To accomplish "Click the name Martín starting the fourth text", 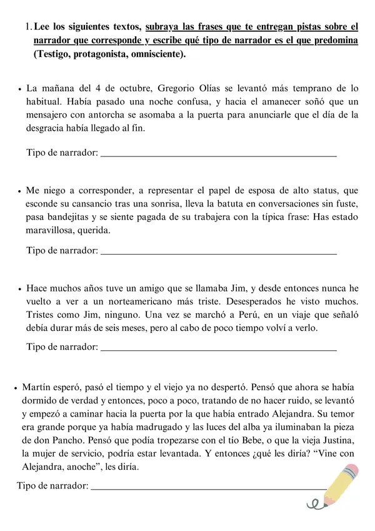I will pos(37,388).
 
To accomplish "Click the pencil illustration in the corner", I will pos(335,485).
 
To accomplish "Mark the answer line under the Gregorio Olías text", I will pos(219,154).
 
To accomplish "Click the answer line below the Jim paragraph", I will pos(219,348).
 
